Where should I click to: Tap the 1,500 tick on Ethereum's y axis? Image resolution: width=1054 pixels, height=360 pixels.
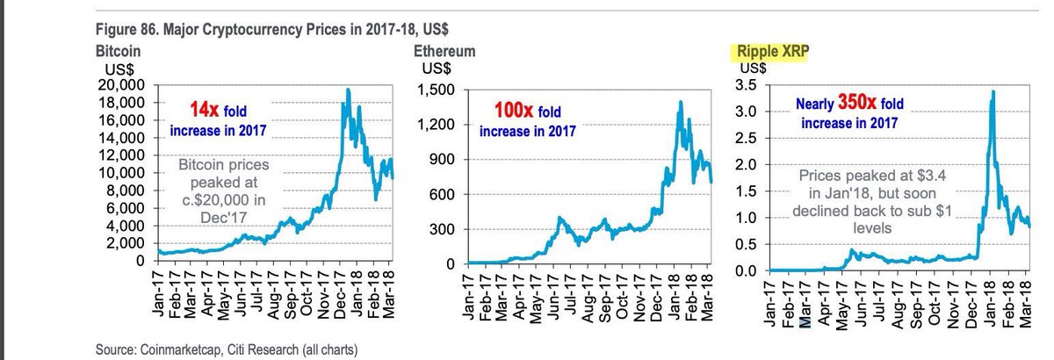point(444,89)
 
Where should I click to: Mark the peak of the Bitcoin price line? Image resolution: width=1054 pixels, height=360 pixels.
point(349,90)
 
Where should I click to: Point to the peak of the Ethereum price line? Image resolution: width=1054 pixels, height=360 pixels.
point(681,102)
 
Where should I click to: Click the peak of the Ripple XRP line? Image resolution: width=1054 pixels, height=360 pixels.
point(993,91)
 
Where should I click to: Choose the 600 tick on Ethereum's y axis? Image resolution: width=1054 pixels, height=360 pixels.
point(451,194)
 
